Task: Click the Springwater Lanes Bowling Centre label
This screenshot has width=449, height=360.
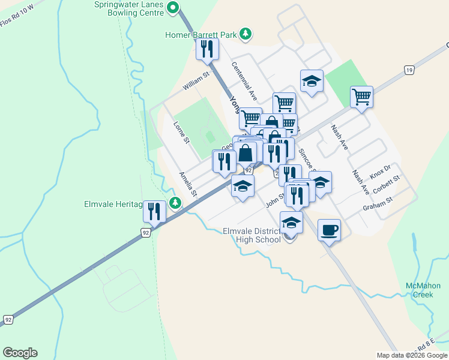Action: click(x=128, y=8)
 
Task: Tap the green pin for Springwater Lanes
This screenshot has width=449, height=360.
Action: click(x=173, y=8)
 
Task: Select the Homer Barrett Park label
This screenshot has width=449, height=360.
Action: click(x=201, y=35)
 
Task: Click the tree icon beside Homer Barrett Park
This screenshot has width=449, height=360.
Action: click(x=245, y=34)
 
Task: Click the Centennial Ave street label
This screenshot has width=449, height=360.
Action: click(x=244, y=81)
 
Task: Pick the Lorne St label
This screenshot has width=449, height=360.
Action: click(x=181, y=133)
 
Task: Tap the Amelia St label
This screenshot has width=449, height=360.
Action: click(x=188, y=184)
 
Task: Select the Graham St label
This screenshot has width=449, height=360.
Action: click(x=377, y=204)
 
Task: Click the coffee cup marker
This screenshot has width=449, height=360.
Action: click(x=329, y=229)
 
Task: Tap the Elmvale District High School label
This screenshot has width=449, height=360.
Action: click(x=252, y=235)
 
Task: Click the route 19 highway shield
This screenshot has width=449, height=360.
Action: click(x=408, y=70)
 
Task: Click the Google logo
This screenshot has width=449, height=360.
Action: click(x=20, y=353)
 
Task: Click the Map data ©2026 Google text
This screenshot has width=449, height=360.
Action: click(x=412, y=355)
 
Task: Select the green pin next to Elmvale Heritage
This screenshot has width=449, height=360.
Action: click(x=175, y=204)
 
